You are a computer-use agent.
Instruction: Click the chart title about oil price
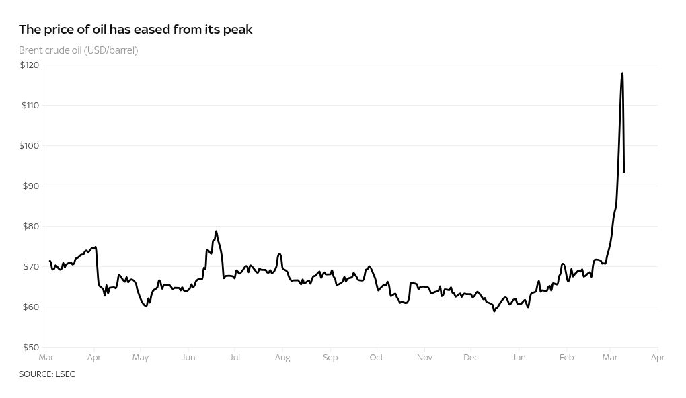pos(135,30)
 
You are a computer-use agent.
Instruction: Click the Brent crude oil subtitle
pos(78,50)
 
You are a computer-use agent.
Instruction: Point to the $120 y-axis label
pos(30,65)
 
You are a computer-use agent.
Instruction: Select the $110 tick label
pos(30,106)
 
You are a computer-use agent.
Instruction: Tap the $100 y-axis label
pos(30,146)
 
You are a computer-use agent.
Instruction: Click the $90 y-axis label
pos(31,186)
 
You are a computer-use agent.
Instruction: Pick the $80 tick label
pos(31,227)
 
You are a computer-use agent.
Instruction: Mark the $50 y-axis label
pos(31,348)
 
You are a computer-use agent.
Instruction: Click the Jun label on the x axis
pos(188,358)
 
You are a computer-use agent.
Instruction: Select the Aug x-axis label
pos(282,358)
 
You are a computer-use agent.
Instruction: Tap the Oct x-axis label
pos(377,358)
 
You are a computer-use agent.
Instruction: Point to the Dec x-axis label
pos(471,358)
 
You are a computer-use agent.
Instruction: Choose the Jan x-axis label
pos(519,358)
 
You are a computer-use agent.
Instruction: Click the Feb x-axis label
pos(566,358)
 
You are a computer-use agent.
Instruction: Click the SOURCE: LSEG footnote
pos(47,374)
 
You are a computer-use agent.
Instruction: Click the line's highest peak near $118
pos(622,73)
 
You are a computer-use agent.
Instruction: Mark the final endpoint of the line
pos(624,172)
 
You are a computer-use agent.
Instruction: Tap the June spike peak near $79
pos(216,231)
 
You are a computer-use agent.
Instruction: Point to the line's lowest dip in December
pos(494,311)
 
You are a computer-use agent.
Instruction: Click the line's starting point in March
pos(50,261)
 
